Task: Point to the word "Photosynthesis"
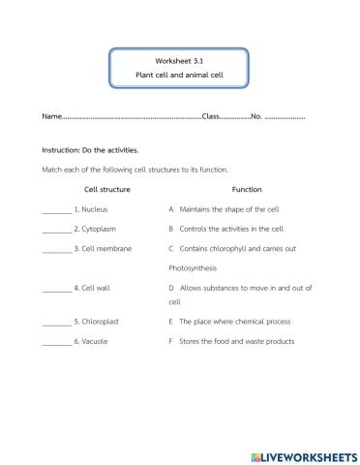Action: click(x=199, y=268)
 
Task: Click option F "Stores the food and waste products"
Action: click(x=236, y=341)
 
